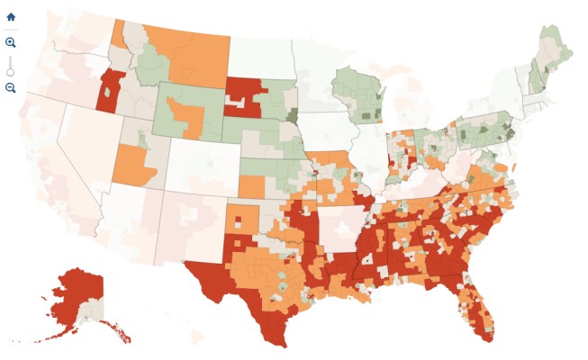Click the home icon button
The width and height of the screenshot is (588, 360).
click(11, 16)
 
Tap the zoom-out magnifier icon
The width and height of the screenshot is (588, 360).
click(11, 87)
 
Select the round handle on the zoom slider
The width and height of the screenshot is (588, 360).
click(11, 71)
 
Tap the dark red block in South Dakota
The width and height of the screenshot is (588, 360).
click(248, 94)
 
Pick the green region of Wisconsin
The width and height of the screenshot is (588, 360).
click(360, 94)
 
